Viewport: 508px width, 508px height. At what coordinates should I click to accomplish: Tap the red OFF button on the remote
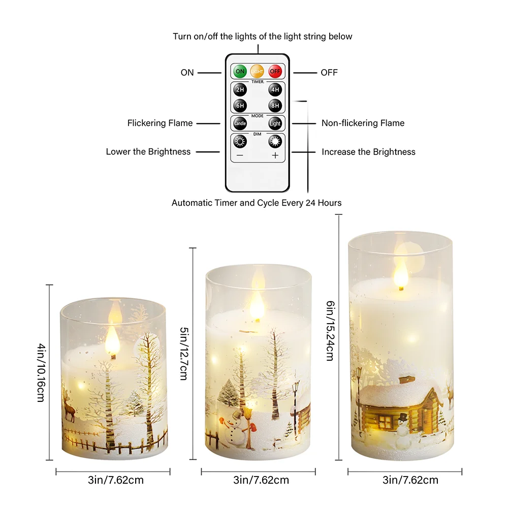click(275, 71)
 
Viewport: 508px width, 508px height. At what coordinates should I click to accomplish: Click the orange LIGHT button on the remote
click(257, 71)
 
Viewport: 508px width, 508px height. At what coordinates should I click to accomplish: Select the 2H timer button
click(240, 90)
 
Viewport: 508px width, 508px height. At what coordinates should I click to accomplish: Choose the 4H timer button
click(275, 90)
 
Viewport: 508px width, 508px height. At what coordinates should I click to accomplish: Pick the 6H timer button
click(240, 106)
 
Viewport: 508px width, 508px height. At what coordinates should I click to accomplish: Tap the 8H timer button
click(275, 106)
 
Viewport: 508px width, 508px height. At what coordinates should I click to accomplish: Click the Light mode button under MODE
click(275, 123)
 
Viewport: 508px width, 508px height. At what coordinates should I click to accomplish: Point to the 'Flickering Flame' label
click(160, 123)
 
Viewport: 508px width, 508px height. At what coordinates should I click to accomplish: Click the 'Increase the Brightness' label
click(368, 152)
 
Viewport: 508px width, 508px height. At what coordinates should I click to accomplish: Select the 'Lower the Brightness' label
click(148, 151)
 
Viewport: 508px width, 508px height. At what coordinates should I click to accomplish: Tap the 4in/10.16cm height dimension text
click(41, 372)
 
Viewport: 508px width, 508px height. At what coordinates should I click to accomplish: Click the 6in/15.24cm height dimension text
click(330, 331)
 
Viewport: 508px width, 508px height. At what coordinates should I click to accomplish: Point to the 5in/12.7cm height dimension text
click(184, 354)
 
